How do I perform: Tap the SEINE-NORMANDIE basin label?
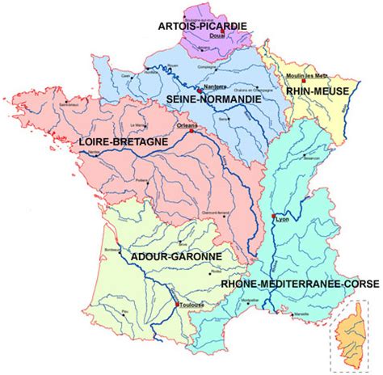click(213, 99)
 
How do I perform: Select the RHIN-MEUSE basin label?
click(317, 91)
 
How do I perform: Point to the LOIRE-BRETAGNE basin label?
click(124, 141)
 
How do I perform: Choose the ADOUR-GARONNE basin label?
click(175, 258)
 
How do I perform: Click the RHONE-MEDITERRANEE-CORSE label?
click(284, 284)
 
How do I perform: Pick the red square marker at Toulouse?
click(177, 304)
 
